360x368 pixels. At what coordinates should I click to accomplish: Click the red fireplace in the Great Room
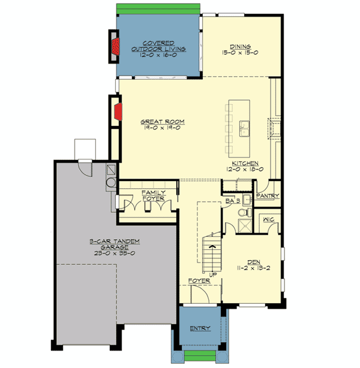(119, 111)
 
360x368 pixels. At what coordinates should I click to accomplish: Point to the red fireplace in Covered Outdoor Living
(116, 46)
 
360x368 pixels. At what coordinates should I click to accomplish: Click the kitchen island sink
(244, 126)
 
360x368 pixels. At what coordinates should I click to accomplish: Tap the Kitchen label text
(245, 163)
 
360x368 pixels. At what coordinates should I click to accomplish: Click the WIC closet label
(268, 220)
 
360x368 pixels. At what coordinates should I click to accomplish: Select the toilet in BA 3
(244, 213)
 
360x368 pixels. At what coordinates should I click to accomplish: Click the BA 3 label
(233, 201)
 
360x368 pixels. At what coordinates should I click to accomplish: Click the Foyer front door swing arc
(198, 292)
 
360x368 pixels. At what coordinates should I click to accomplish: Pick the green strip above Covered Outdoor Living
(158, 8)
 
